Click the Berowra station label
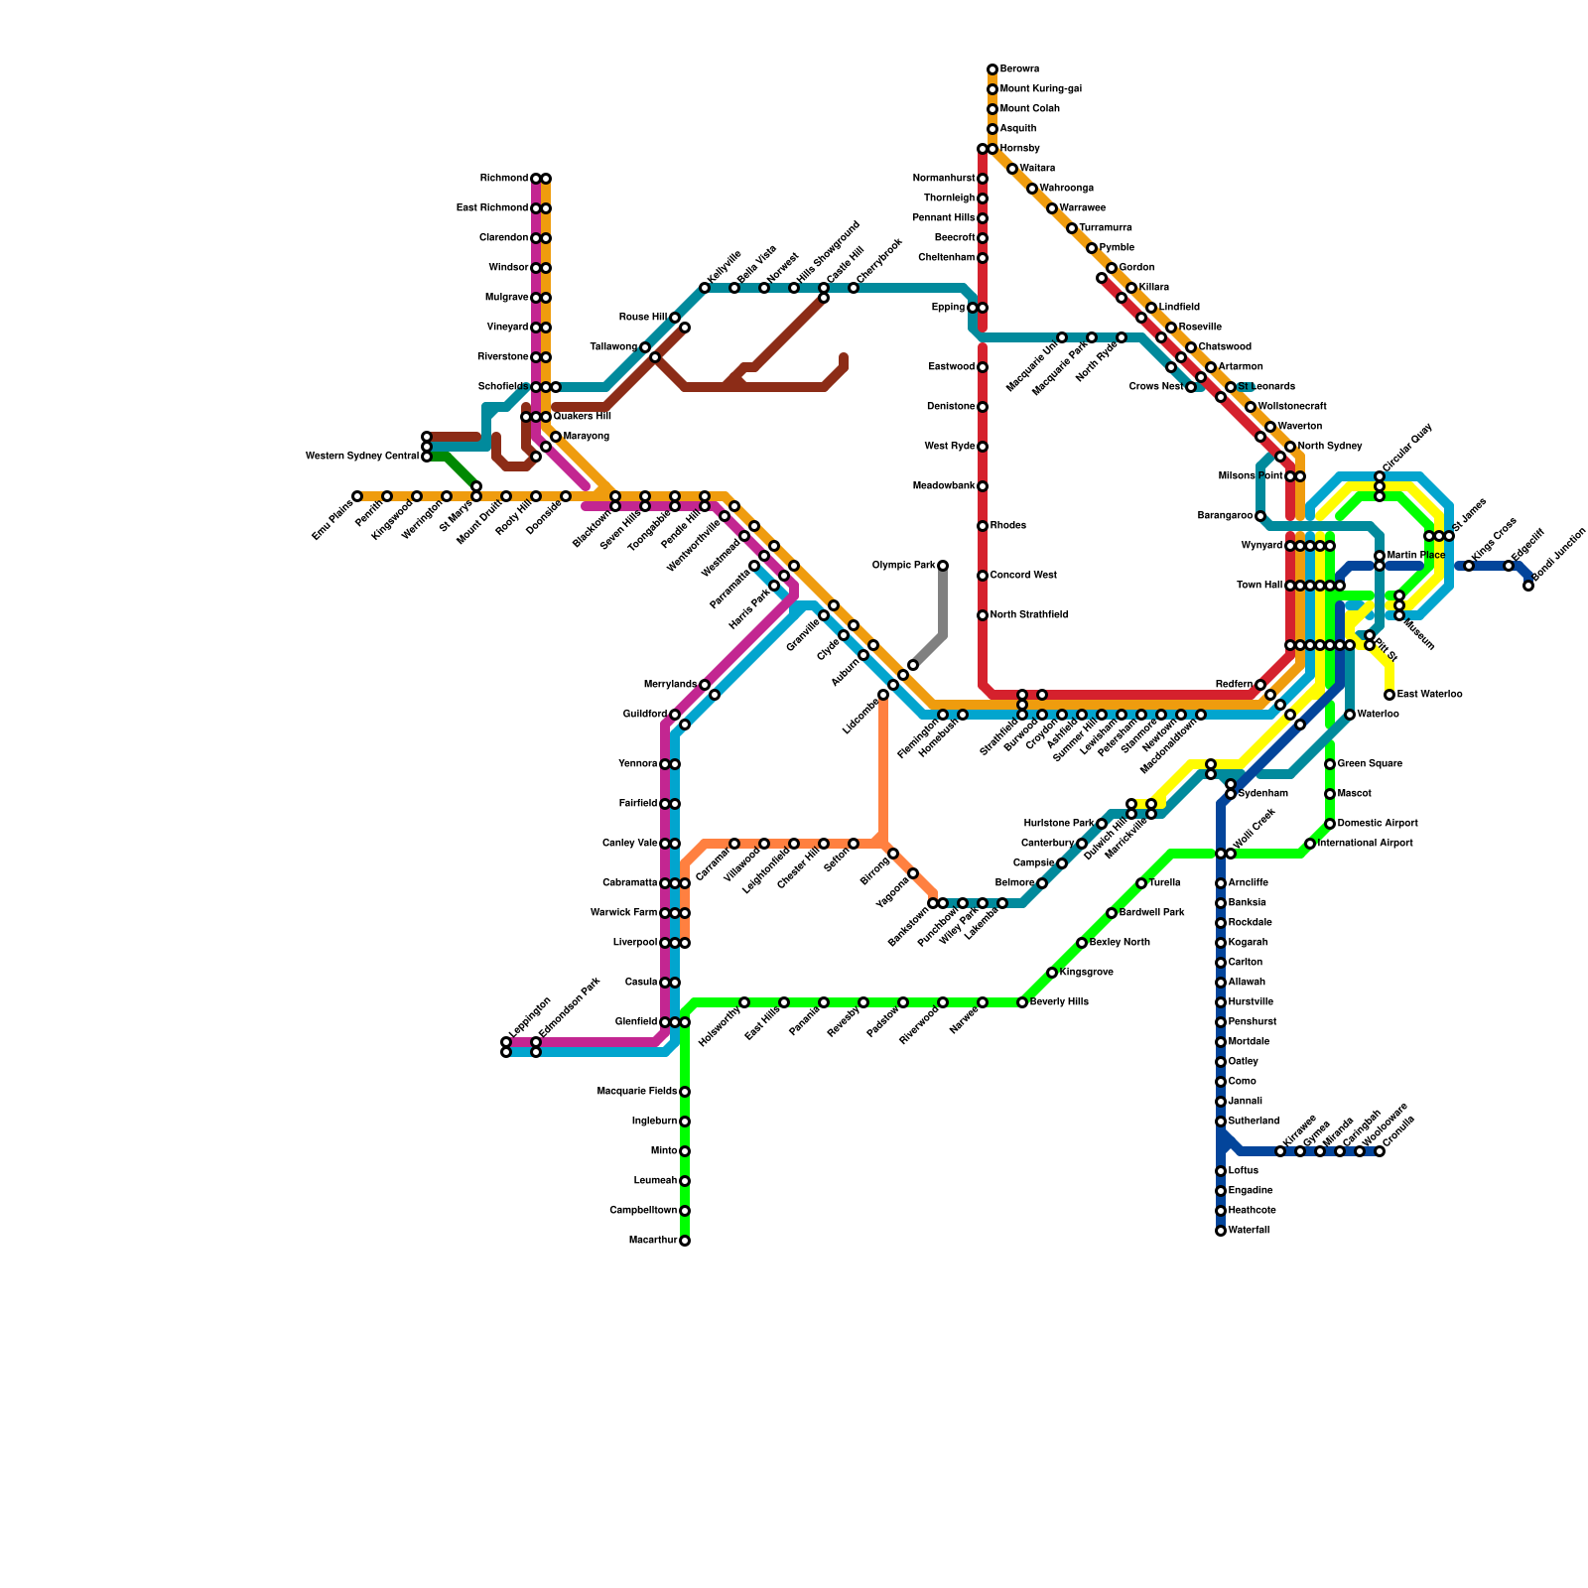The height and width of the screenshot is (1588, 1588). (1019, 69)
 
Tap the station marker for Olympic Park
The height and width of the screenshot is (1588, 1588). (943, 566)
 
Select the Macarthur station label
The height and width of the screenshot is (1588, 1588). (653, 1241)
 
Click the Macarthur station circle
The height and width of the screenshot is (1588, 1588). (685, 1241)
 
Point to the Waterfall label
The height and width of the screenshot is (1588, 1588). (1249, 1231)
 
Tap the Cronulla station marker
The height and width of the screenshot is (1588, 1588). (1380, 1151)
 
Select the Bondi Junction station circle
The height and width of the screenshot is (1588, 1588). (1528, 586)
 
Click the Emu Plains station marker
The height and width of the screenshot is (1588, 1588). (357, 496)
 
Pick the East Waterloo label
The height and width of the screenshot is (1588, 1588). (1429, 695)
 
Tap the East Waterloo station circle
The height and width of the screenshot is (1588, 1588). (1389, 695)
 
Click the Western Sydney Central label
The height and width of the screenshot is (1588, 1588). (361, 457)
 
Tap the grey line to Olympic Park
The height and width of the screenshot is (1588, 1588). (943, 605)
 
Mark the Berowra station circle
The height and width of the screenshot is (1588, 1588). (992, 69)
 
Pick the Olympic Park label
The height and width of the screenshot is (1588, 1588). (903, 566)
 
